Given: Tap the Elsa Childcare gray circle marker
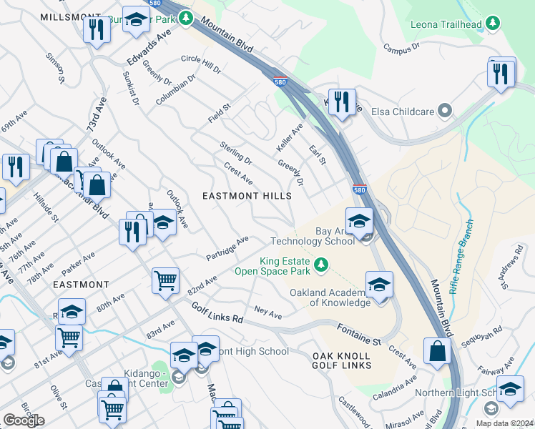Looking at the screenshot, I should tap(445, 111).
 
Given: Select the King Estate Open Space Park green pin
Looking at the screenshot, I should tap(322, 266).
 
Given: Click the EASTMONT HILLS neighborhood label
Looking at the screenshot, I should tap(247, 196).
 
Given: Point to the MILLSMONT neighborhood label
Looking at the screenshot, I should tap(69, 16).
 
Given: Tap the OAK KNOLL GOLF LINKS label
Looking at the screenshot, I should tap(342, 360).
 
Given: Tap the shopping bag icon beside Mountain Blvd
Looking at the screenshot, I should tap(436, 351).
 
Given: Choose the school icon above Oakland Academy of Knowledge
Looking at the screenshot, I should tap(378, 284).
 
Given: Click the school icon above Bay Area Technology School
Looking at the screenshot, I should tap(359, 220).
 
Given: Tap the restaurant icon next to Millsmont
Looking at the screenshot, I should tap(95, 29).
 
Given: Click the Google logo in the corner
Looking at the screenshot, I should tap(24, 420).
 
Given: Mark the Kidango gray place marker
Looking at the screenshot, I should tap(179, 376).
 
